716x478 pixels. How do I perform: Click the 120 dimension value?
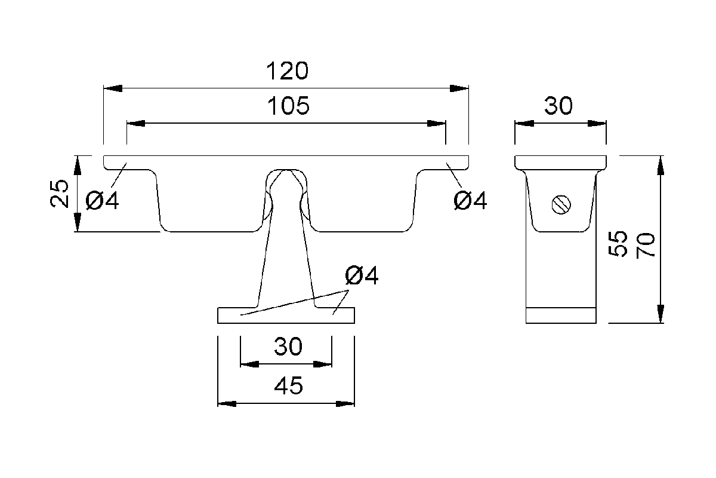287,71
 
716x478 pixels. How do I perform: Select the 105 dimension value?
288,106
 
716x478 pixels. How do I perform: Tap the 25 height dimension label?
60,194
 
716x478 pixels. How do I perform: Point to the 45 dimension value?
288,385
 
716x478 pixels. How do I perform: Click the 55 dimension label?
618,244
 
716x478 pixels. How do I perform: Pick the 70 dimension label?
646,246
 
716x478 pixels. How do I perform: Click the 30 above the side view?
558,106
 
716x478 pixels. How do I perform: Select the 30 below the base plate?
288,347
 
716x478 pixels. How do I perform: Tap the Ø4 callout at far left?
102,200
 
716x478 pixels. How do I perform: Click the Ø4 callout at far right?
470,200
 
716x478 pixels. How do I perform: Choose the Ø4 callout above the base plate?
362,275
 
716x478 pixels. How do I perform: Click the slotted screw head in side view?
561,204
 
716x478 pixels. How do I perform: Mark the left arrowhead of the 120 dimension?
113,88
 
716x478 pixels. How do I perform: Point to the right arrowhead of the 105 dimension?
437,124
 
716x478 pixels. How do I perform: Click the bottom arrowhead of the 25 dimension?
78,222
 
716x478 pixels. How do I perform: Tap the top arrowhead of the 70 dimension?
661,165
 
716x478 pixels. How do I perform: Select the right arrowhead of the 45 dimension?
345,404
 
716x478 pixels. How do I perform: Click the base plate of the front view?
286,315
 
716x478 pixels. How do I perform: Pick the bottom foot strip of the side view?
561,315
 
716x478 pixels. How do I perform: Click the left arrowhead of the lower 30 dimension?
249,364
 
